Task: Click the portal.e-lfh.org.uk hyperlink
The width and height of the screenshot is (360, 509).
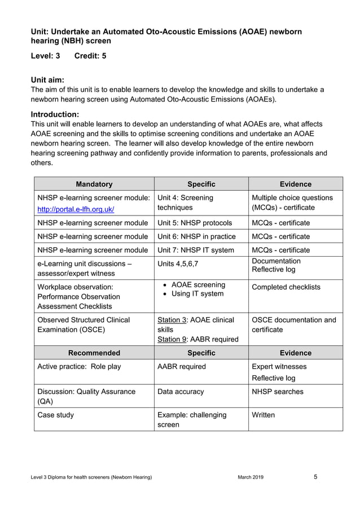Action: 76,209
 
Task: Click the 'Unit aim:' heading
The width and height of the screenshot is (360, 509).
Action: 47,80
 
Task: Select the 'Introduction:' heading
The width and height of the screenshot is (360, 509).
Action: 55,114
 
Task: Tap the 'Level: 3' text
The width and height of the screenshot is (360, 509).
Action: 45,56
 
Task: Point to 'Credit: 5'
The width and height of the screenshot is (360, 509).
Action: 90,56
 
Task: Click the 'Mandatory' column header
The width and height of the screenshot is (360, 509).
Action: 94,184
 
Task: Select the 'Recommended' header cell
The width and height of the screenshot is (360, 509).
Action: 94,353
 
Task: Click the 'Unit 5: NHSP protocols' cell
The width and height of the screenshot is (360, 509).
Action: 195,223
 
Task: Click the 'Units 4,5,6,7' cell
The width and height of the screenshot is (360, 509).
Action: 178,264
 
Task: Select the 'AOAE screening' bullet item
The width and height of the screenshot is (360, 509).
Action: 198,285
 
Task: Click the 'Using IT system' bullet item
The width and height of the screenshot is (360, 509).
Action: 197,294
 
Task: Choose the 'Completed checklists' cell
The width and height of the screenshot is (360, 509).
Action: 286,287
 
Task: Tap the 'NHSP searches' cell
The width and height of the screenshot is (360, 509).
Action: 277,392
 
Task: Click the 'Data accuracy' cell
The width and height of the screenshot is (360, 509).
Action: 181,392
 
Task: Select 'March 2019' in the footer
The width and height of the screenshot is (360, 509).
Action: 251,477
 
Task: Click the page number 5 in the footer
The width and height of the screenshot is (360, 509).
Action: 315,477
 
